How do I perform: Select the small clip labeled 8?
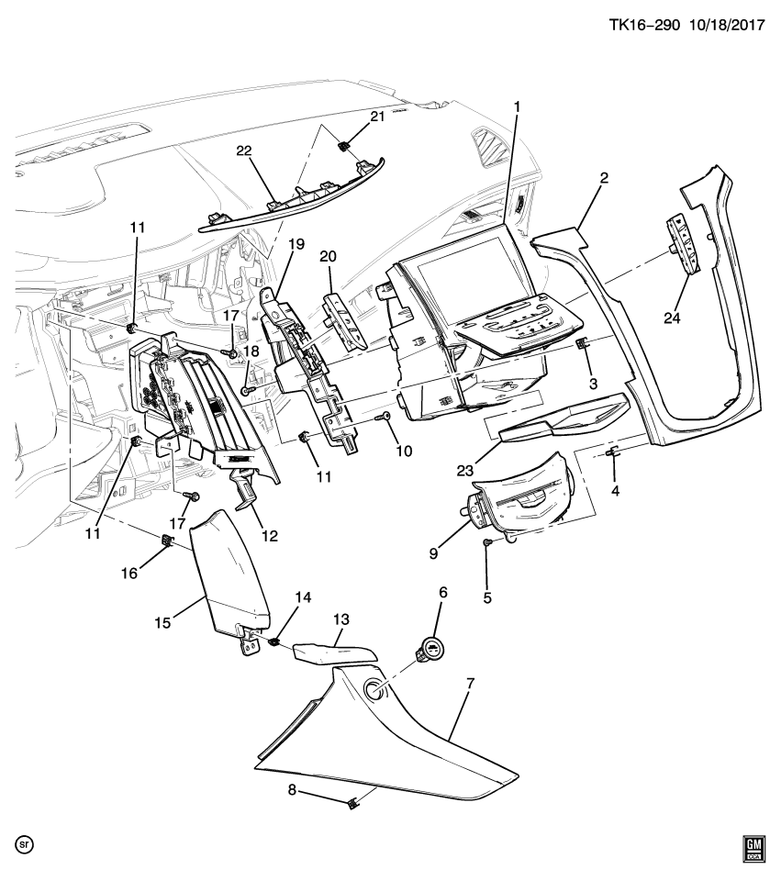[x=352, y=805]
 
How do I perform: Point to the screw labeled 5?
[x=488, y=543]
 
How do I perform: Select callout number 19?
[x=296, y=245]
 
